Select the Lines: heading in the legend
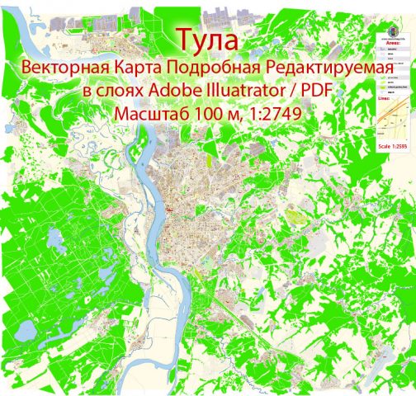tap(389, 97)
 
